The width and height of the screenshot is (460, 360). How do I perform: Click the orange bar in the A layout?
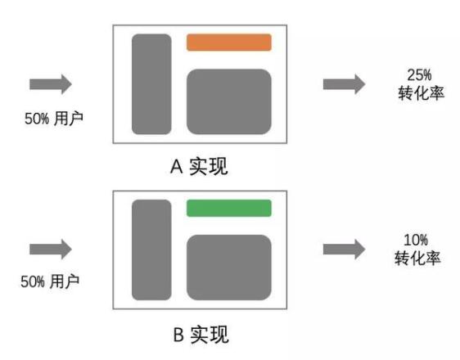click(229, 43)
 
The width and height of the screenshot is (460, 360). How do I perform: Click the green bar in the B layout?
click(229, 208)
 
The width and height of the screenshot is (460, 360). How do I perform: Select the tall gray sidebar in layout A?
click(151, 84)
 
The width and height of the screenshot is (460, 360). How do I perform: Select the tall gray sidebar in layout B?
click(151, 250)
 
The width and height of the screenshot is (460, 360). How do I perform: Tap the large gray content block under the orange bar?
click(229, 101)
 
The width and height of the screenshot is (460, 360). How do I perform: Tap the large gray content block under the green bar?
click(229, 268)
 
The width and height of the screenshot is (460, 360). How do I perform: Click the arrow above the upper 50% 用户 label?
click(51, 84)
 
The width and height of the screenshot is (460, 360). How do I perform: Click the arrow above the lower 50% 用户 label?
click(51, 250)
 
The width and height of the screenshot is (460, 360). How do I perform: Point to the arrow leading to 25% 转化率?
click(344, 84)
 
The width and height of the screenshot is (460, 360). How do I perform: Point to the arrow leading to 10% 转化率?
click(344, 250)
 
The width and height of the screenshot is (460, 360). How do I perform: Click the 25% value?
click(419, 75)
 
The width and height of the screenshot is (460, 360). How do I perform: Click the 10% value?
click(416, 240)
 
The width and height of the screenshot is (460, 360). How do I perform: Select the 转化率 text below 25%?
click(421, 93)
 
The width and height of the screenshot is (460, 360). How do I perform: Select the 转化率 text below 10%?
click(417, 259)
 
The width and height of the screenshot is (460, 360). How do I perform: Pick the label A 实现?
click(199, 167)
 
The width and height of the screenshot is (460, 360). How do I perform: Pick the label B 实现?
click(201, 335)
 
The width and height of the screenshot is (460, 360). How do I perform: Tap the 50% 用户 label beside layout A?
click(54, 119)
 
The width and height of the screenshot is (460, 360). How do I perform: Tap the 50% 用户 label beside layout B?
click(50, 281)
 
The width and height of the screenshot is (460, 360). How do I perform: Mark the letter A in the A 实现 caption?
click(177, 167)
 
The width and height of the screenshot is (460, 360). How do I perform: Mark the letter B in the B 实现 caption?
click(178, 335)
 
